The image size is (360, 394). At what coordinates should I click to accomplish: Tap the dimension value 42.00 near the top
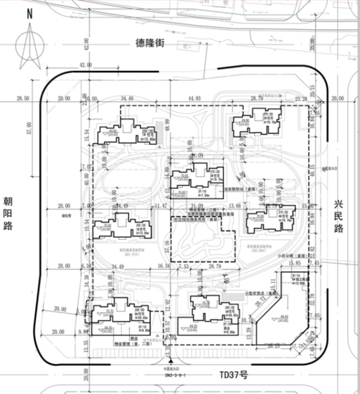point(87,66)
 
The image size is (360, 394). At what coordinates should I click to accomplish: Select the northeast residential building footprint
point(256,123)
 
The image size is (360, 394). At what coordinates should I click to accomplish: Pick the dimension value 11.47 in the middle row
point(159,208)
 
